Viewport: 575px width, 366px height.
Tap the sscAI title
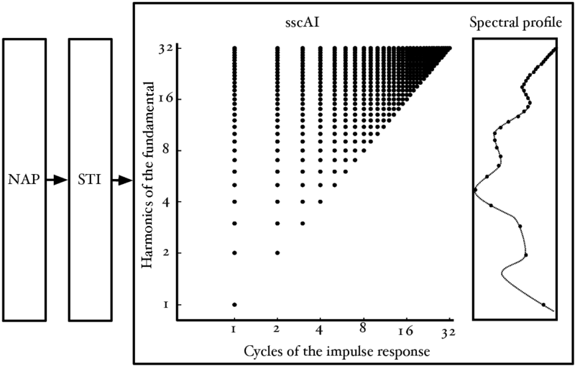tap(300, 23)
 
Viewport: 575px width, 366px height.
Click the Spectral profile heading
tap(515, 23)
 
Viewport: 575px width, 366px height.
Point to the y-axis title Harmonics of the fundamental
tap(149, 176)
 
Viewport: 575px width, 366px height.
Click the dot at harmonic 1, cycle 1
tap(234, 305)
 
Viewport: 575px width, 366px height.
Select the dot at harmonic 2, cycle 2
tap(277, 253)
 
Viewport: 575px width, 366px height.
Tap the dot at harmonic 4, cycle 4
tap(320, 201)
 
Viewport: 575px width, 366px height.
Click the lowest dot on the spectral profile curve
tap(543, 305)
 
